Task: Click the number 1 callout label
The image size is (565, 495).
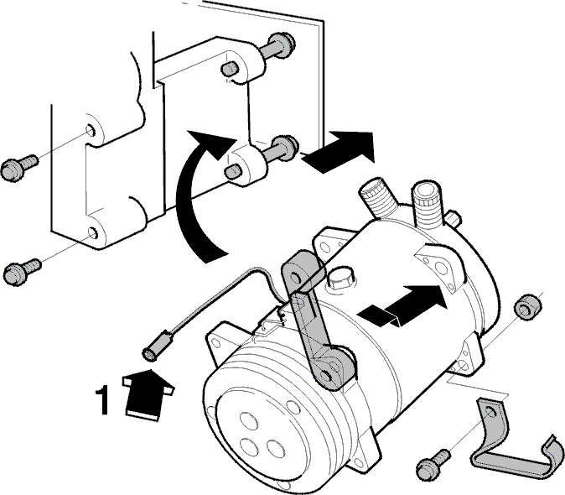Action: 102,400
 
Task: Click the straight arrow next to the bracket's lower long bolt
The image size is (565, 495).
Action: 339,152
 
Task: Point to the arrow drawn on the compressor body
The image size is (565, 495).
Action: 403,305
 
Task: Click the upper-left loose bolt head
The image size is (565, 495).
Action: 13,170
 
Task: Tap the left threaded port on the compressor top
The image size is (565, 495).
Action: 378,198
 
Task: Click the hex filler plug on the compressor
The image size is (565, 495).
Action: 340,278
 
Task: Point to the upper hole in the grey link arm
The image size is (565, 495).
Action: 296,277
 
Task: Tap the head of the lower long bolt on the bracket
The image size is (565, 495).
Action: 286,147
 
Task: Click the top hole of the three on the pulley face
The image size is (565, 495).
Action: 249,421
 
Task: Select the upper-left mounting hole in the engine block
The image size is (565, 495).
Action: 91,130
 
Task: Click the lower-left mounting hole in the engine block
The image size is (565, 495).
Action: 93,233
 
